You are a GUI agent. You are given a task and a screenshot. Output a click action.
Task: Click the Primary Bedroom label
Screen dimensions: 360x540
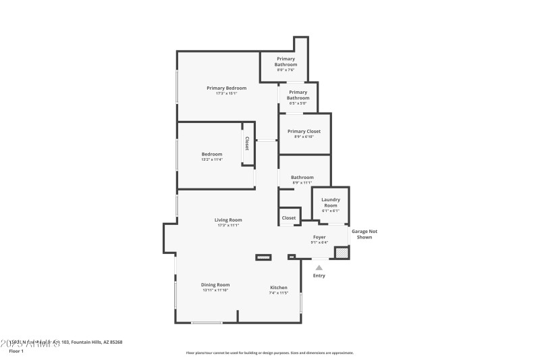(226, 88)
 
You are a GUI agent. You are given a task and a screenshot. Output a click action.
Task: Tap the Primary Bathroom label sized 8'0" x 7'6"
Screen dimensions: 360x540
(286, 61)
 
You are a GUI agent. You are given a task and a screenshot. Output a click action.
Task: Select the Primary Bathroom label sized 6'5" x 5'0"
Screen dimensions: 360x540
(298, 95)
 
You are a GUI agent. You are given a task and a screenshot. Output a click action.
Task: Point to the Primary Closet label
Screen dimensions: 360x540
(304, 131)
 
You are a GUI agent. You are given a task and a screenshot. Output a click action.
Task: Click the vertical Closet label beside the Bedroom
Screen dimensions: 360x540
(247, 143)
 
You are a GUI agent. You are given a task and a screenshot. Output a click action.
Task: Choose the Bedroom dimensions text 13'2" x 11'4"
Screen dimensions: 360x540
(211, 160)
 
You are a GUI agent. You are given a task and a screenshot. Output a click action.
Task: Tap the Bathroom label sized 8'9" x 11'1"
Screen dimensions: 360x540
(302, 178)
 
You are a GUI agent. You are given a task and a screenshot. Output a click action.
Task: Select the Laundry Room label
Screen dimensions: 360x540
(330, 202)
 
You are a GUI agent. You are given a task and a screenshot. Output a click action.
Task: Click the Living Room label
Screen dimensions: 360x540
(228, 220)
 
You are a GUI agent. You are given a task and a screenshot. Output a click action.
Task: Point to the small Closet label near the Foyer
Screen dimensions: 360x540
(289, 217)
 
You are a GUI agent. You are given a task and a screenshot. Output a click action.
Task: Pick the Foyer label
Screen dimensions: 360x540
(319, 237)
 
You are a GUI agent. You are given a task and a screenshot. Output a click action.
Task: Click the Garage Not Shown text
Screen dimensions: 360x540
(364, 234)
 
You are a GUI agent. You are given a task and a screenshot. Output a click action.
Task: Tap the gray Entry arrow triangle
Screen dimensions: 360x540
(319, 267)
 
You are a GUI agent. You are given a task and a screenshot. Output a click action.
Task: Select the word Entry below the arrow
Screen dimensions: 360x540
(319, 276)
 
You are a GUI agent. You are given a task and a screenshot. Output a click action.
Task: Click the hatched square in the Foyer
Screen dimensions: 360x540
(342, 253)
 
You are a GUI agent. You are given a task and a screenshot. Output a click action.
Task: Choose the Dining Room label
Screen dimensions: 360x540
(215, 284)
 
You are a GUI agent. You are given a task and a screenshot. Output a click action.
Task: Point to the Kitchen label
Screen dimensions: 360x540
(278, 288)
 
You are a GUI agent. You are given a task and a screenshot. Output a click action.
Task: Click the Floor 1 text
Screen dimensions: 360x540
(16, 351)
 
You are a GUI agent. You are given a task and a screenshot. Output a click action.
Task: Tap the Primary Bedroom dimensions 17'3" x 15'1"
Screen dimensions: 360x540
(226, 93)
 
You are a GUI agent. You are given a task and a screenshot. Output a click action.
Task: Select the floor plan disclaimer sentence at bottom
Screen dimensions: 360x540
(269, 353)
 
